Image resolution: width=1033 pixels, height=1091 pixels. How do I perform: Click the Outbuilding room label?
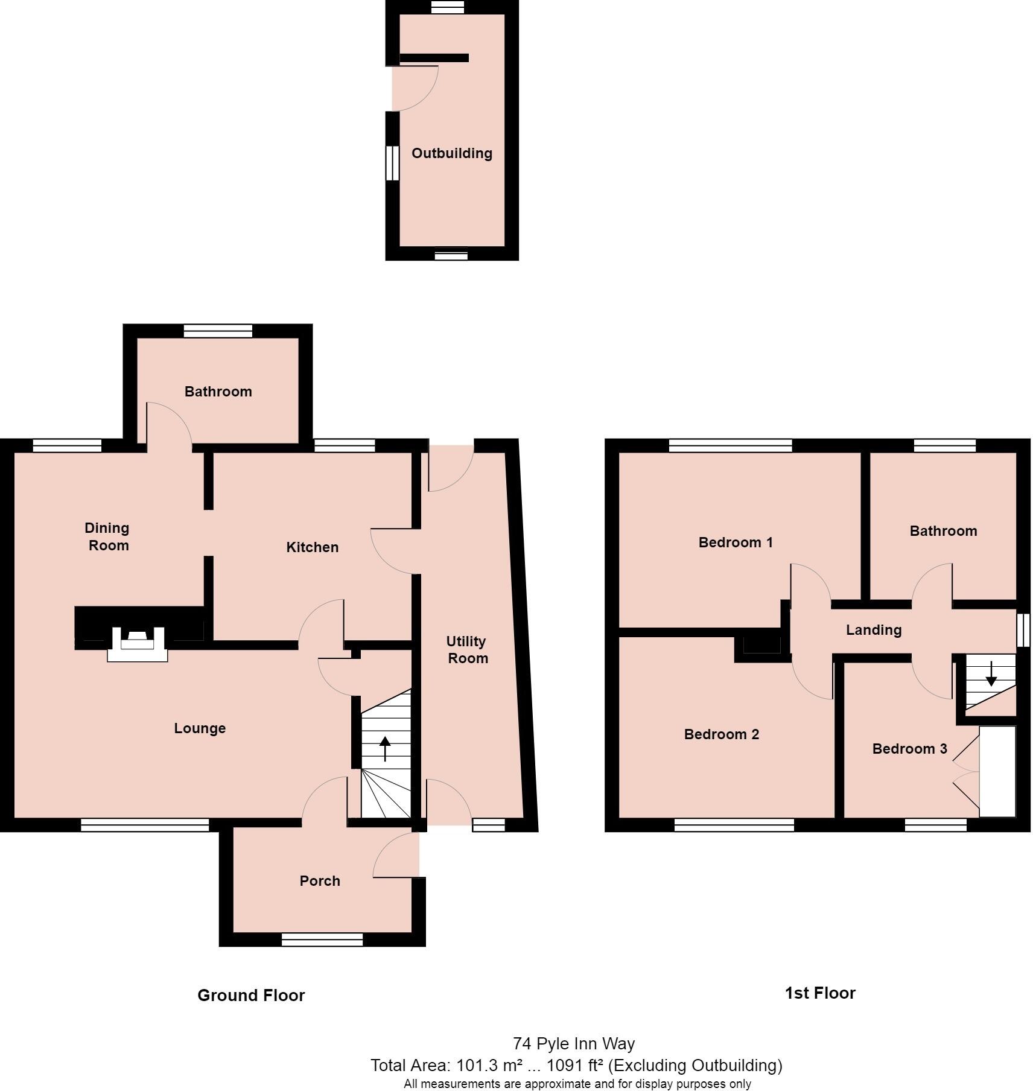point(451,153)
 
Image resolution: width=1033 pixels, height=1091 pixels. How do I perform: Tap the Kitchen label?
point(312,547)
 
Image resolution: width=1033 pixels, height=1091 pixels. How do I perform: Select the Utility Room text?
point(466,649)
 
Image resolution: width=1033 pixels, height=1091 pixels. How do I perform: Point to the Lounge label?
point(200,728)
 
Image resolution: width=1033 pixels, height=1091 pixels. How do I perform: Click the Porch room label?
point(320,881)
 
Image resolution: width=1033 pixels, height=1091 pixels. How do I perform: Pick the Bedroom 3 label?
point(909,749)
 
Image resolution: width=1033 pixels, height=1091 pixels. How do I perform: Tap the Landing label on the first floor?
point(873,630)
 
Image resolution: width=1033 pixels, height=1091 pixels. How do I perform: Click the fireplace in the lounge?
point(138,644)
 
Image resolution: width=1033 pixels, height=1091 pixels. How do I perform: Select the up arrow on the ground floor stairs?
point(384,748)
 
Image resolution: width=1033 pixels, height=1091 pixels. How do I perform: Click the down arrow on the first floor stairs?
point(991,674)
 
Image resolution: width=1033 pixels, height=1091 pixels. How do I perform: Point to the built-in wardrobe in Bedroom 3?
point(997,771)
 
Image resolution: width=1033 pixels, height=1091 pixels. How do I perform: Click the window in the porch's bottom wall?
point(322,940)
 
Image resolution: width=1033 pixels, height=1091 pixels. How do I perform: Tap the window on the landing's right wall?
point(1023,630)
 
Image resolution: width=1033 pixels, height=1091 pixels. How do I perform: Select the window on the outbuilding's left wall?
point(392,162)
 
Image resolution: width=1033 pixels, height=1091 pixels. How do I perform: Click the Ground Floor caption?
point(251,996)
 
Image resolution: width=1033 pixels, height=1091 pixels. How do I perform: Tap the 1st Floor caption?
point(819,993)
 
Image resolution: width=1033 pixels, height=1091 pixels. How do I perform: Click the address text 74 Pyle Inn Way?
point(573,1043)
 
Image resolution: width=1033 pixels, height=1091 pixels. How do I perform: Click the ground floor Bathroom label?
point(218,392)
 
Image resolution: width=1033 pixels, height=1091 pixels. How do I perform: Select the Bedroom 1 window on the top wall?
point(730,445)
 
